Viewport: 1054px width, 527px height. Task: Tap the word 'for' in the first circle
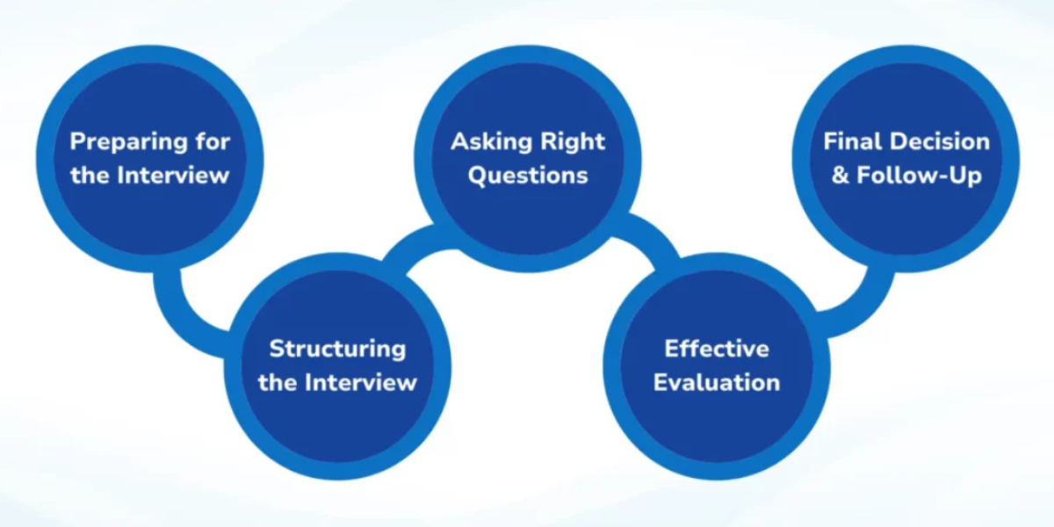click(216, 141)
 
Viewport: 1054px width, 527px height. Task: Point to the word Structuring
click(337, 349)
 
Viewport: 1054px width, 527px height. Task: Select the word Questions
click(528, 174)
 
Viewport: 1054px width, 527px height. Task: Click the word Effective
click(717, 349)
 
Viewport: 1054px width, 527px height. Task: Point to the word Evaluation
click(717, 382)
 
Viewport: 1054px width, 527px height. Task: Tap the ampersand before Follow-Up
click(841, 174)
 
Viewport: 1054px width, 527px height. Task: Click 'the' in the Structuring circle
click(278, 382)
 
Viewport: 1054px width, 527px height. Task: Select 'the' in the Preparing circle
click(89, 174)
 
